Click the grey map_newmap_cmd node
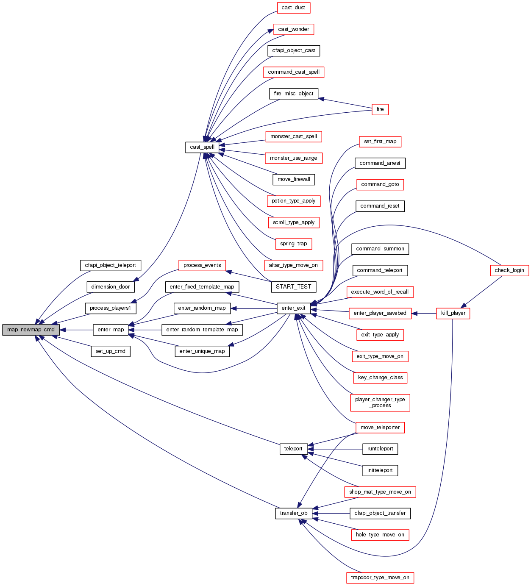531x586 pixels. click(x=31, y=330)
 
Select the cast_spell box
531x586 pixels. click(x=202, y=147)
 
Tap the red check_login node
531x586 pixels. click(x=509, y=270)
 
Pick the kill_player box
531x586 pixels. click(x=453, y=313)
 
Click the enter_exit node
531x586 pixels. click(x=293, y=308)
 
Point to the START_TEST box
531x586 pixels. click(x=293, y=287)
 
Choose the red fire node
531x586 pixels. click(x=380, y=109)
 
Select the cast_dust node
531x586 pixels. click(x=293, y=8)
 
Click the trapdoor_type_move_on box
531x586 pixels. click(x=380, y=578)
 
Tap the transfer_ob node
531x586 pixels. click(x=293, y=513)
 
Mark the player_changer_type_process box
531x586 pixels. click(x=380, y=403)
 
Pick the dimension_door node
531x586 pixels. click(x=111, y=287)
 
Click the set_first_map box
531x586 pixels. click(x=380, y=142)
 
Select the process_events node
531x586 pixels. click(x=202, y=265)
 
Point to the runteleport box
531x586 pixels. click(x=380, y=449)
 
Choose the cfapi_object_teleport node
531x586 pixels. click(x=110, y=265)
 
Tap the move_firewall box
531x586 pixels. click(x=293, y=179)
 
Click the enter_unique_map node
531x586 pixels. click(x=202, y=351)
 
